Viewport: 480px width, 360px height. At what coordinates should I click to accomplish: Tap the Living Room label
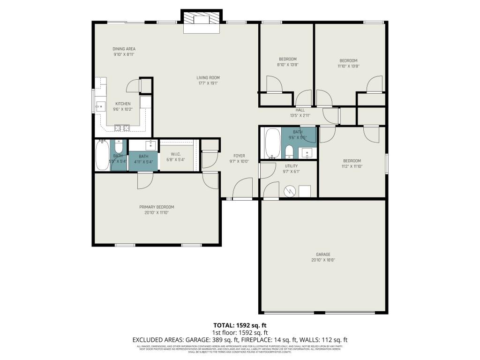point(208,78)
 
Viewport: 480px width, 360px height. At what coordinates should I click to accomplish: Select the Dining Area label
point(124,49)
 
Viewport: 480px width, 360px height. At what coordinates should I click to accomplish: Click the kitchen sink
point(100,106)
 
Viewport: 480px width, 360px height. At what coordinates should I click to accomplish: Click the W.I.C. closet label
point(176,154)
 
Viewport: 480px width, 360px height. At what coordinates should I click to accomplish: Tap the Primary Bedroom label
point(157,207)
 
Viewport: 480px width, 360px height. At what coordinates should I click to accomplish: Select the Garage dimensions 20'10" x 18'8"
point(323,260)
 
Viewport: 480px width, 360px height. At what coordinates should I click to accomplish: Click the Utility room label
point(291,166)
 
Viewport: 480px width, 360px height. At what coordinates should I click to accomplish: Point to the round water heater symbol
point(291,191)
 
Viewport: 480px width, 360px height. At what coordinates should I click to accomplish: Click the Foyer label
point(239,156)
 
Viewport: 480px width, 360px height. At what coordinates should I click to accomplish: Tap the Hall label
point(300,110)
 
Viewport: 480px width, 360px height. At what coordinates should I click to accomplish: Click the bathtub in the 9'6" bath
point(271,143)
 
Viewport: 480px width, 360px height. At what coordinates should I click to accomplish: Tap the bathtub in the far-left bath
point(102,156)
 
